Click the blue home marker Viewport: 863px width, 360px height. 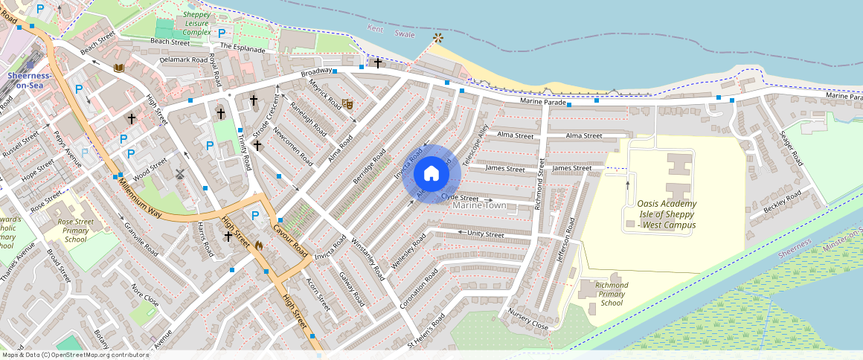pyautogui.click(x=431, y=174)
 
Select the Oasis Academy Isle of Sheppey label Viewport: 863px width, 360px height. pyautogui.click(x=667, y=214)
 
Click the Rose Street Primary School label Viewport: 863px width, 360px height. pyautogui.click(x=75, y=231)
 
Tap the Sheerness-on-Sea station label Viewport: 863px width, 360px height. pyautogui.click(x=29, y=80)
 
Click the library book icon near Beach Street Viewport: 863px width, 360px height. pyautogui.click(x=118, y=68)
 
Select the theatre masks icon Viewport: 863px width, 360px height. pyautogui.click(x=347, y=105)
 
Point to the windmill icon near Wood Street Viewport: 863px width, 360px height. pyautogui.click(x=179, y=174)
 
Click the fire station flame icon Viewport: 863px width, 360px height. pyautogui.click(x=259, y=244)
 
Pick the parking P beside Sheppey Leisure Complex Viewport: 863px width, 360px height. pyautogui.click(x=221, y=33)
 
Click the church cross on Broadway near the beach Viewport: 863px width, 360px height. pyautogui.click(x=378, y=63)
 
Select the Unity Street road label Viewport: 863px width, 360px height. pyautogui.click(x=486, y=234)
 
